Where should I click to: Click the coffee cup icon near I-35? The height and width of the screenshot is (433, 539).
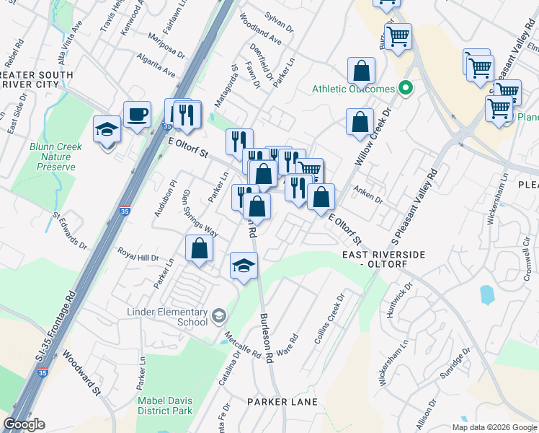(137, 114)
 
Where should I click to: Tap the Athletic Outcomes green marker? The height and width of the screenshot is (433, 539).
(406, 89)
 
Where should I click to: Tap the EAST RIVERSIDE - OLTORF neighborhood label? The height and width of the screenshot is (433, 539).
(384, 260)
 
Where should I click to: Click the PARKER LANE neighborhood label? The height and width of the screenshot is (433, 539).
(277, 401)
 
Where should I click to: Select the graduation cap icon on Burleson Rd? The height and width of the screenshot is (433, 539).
(244, 266)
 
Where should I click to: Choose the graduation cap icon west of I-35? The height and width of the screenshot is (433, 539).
(107, 130)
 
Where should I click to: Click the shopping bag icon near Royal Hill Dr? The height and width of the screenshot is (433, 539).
(199, 248)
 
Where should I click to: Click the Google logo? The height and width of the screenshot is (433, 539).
(24, 424)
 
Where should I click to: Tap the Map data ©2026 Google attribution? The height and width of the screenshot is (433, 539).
(494, 427)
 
